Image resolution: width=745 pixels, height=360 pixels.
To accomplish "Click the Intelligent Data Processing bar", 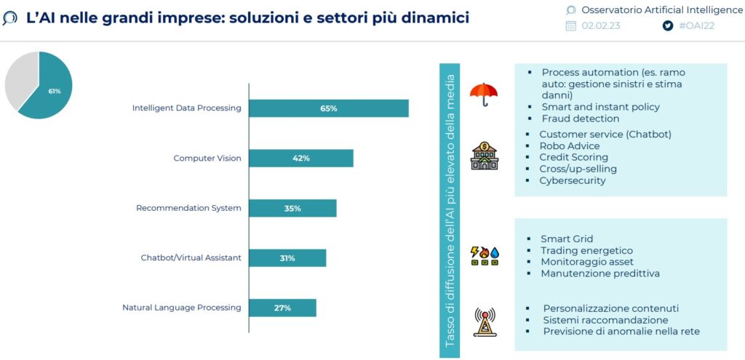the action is tap(329, 108).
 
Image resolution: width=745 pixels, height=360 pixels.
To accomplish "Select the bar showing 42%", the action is tap(301, 158).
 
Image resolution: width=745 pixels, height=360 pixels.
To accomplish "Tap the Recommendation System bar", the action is tap(292, 208).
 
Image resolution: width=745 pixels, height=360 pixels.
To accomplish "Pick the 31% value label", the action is tap(287, 258).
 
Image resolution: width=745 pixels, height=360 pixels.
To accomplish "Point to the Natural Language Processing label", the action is tap(181, 308).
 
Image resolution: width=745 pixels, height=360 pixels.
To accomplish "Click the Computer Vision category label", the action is tap(207, 158).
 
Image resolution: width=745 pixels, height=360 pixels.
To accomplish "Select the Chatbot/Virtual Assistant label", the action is tap(191, 258).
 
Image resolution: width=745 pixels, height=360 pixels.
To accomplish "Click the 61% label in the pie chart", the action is tap(55, 91).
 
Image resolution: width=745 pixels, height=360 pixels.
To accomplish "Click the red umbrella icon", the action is tap(484, 95).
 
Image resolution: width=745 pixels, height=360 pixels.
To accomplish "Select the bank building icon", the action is tap(484, 156).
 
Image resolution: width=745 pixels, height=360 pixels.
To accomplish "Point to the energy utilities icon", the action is tap(485, 255).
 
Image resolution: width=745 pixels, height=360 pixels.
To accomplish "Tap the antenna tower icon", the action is tap(485, 322).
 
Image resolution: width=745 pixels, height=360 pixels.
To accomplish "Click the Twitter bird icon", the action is tap(668, 25).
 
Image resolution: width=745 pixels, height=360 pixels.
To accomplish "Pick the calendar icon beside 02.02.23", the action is tap(570, 25).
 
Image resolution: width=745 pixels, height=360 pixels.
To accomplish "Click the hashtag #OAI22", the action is tap(696, 25).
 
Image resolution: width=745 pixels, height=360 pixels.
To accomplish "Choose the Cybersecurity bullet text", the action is tap(572, 180).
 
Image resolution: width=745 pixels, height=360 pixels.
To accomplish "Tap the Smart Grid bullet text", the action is tap(566, 239).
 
